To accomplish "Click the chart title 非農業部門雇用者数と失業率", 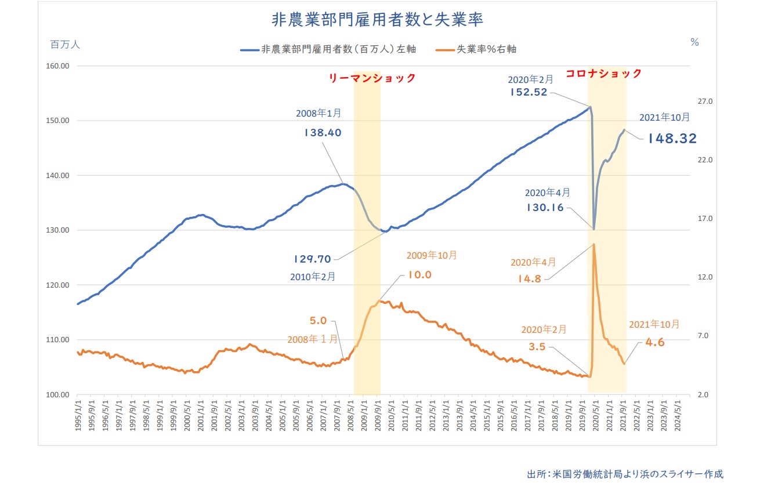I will pos(378,19).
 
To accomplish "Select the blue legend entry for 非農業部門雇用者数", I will pos(328,49).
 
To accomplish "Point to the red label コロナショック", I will pos(603,73).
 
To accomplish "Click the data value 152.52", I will pos(529,92).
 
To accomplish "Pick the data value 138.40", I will pos(323,132).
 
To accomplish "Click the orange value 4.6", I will pos(654,342).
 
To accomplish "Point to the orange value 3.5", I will pos(537,347).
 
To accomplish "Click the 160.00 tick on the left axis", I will pos(57,66).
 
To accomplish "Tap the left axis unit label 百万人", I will pos(64,43).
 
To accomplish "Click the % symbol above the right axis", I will pos(694,42).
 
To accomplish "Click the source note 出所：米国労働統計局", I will pos(625,473).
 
